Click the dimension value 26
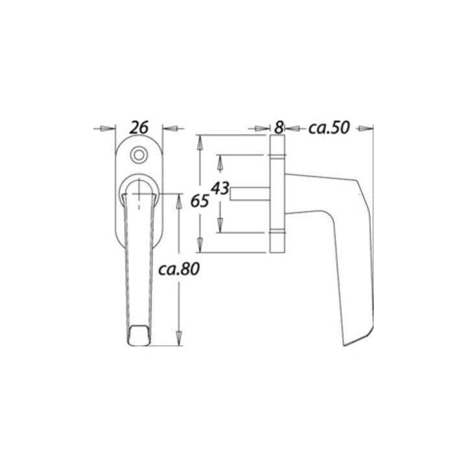[139, 128]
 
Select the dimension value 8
[278, 128]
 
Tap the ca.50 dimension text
[329, 128]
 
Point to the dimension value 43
[220, 189]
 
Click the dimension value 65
[200, 201]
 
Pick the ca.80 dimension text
[179, 269]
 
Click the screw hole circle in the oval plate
[139, 155]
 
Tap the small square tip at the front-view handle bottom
[139, 336]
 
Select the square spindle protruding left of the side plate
[250, 194]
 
